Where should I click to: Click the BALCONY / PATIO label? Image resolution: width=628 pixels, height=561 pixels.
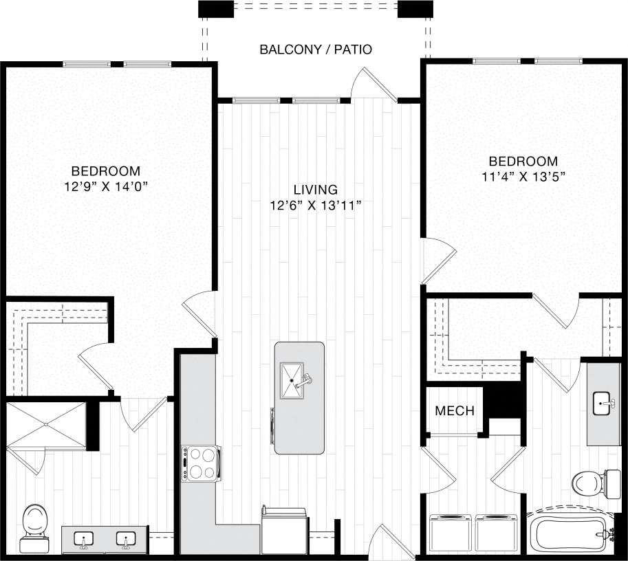pyautogui.click(x=316, y=49)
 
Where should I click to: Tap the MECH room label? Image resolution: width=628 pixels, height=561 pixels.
pyautogui.click(x=455, y=411)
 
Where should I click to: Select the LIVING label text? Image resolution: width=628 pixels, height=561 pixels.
pyautogui.click(x=315, y=189)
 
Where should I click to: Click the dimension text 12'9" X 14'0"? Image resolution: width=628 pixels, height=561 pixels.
pyautogui.click(x=106, y=186)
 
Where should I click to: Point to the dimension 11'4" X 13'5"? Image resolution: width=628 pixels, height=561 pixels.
pyautogui.click(x=523, y=176)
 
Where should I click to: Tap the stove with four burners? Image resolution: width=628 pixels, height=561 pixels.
pyautogui.click(x=201, y=463)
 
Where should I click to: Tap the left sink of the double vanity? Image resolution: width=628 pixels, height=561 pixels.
pyautogui.click(x=85, y=540)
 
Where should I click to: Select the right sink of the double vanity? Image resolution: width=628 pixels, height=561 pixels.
pyautogui.click(x=126, y=540)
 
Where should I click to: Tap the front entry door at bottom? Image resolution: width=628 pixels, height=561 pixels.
pyautogui.click(x=382, y=543)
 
